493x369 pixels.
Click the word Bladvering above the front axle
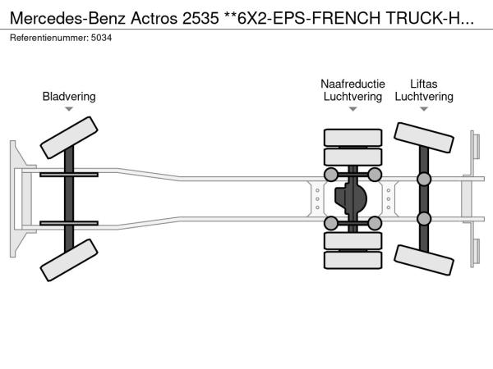[x=69, y=96]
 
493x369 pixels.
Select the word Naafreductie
[x=352, y=84]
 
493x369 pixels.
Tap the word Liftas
[x=424, y=84]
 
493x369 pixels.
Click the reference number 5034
[x=101, y=38]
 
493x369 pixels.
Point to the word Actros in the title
[x=154, y=18]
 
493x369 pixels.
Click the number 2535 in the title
[x=200, y=18]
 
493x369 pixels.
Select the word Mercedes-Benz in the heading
[x=68, y=18]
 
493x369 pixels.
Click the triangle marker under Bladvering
[x=69, y=109]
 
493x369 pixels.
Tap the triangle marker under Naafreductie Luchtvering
[x=352, y=109]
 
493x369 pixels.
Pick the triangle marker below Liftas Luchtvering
[x=424, y=109]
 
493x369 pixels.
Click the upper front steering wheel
[x=69, y=138]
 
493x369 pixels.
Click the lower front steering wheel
[x=69, y=260]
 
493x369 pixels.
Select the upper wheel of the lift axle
[x=424, y=138]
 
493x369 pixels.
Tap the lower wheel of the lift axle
[x=424, y=260]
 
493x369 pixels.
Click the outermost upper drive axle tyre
[x=352, y=138]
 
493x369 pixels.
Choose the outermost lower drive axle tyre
[x=352, y=260]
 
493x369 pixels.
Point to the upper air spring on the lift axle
[x=424, y=179]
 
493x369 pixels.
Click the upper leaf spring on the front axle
[x=69, y=175]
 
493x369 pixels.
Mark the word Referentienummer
[x=49, y=38]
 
